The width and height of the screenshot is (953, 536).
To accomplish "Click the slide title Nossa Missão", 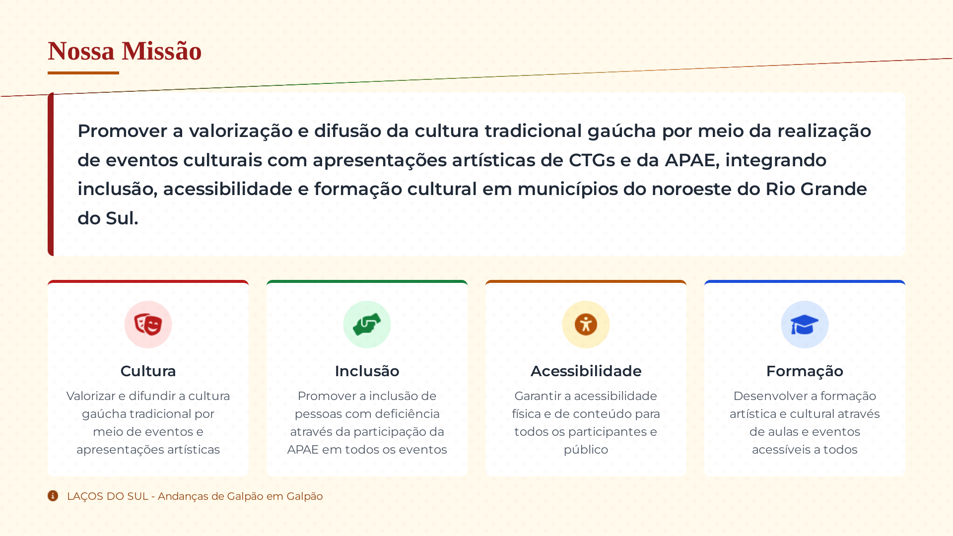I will tap(125, 51).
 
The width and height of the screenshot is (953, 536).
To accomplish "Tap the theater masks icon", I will tap(148, 325).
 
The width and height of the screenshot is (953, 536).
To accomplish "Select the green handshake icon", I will tap(367, 325).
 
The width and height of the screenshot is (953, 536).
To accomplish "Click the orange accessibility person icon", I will tap(586, 325).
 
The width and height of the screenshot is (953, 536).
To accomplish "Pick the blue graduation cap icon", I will tap(805, 325).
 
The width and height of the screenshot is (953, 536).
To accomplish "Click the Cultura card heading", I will tap(148, 371).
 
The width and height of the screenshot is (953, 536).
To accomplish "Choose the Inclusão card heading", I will tap(367, 371).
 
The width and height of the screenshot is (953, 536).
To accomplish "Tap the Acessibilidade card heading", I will tap(586, 371).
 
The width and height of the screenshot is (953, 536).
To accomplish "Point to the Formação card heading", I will tap(805, 371).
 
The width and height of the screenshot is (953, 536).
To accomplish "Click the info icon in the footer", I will tap(53, 496).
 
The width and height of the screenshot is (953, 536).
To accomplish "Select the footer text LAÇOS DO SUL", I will tap(108, 496).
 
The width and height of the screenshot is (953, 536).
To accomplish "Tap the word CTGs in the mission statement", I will tap(592, 160).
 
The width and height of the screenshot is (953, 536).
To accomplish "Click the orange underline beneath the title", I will tap(83, 73).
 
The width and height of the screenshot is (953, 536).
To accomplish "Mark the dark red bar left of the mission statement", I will tap(51, 174).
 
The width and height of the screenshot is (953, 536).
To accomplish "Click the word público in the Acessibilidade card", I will tap(586, 450).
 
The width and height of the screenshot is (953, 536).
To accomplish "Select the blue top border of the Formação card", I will tap(805, 281).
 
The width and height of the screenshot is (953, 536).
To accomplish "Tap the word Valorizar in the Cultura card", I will tap(91, 396).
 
